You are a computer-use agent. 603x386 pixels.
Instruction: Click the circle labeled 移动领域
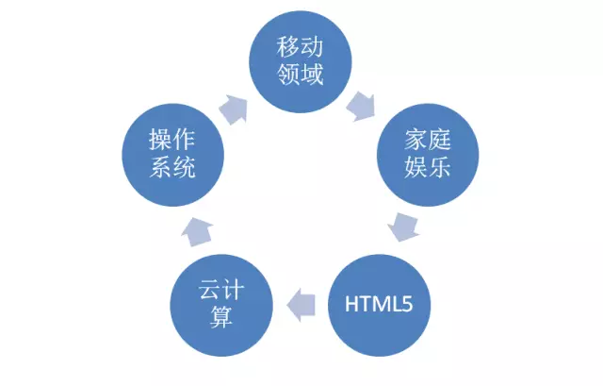[x=301, y=59]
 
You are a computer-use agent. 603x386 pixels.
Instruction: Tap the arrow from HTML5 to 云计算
[x=301, y=303]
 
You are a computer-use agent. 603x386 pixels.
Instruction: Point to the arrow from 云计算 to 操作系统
[x=195, y=227]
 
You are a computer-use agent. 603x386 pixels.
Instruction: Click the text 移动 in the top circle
[x=301, y=46]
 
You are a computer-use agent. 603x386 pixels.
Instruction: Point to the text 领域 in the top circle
[x=301, y=75]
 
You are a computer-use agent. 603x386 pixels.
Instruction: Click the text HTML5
[x=380, y=304]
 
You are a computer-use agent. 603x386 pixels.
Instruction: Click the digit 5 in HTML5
[x=409, y=304]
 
